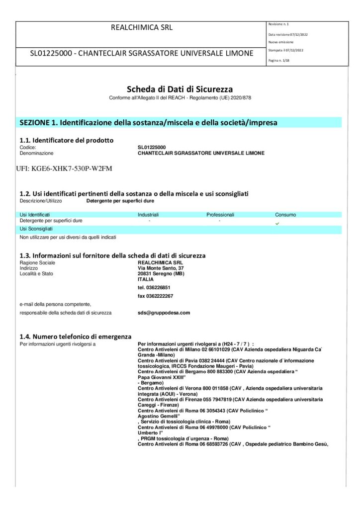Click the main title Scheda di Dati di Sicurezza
coord(180,89)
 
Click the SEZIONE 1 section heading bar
coord(148,122)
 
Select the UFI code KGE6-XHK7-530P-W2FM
coord(64,169)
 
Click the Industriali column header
coord(148,215)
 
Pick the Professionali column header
coord(220,215)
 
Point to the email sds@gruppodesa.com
coord(164,313)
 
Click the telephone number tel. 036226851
coord(154,287)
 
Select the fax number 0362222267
coord(156,296)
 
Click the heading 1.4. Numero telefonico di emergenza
coord(75,337)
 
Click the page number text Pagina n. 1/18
coord(280,60)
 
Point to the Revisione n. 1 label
coord(278,24)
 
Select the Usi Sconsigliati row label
coord(36,229)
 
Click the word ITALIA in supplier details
coord(146,279)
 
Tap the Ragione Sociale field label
coord(37,262)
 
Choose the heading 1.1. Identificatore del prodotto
coord(66,140)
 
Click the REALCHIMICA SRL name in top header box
coord(141,28)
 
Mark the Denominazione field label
coord(36,153)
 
